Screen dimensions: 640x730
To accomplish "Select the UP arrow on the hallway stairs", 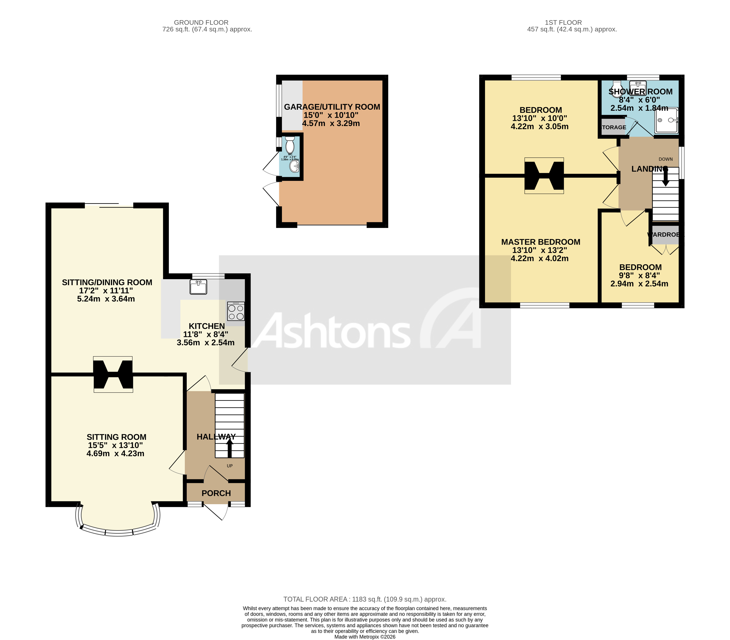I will point(230,448).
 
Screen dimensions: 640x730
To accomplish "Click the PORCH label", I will point(216,493).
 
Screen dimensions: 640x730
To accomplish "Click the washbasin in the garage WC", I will point(294,166).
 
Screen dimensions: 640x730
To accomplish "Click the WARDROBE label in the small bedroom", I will point(665,234).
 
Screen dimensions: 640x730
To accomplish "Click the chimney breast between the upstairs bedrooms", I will point(544,176).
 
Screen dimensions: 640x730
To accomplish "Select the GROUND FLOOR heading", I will point(201,22).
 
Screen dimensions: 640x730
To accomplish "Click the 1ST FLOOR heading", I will point(563,22).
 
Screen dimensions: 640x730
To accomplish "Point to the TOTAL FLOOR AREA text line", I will point(365,599).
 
